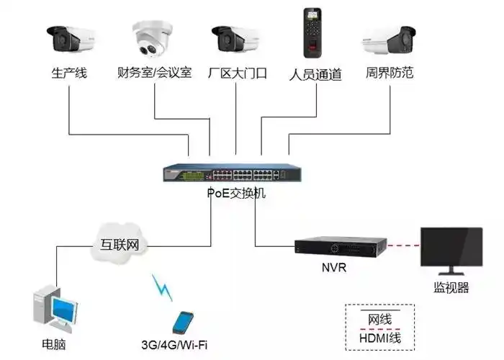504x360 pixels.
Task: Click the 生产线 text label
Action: pyautogui.click(x=69, y=73)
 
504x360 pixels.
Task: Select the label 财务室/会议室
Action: pyautogui.click(x=154, y=73)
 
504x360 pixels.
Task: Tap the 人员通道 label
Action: pyautogui.click(x=315, y=74)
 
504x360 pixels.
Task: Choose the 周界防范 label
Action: pyautogui.click(x=390, y=73)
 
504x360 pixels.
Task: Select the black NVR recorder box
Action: pyautogui.click(x=336, y=246)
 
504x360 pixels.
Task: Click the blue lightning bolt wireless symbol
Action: pyautogui.click(x=163, y=287)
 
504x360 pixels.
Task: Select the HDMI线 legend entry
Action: pyautogui.click(x=384, y=338)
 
